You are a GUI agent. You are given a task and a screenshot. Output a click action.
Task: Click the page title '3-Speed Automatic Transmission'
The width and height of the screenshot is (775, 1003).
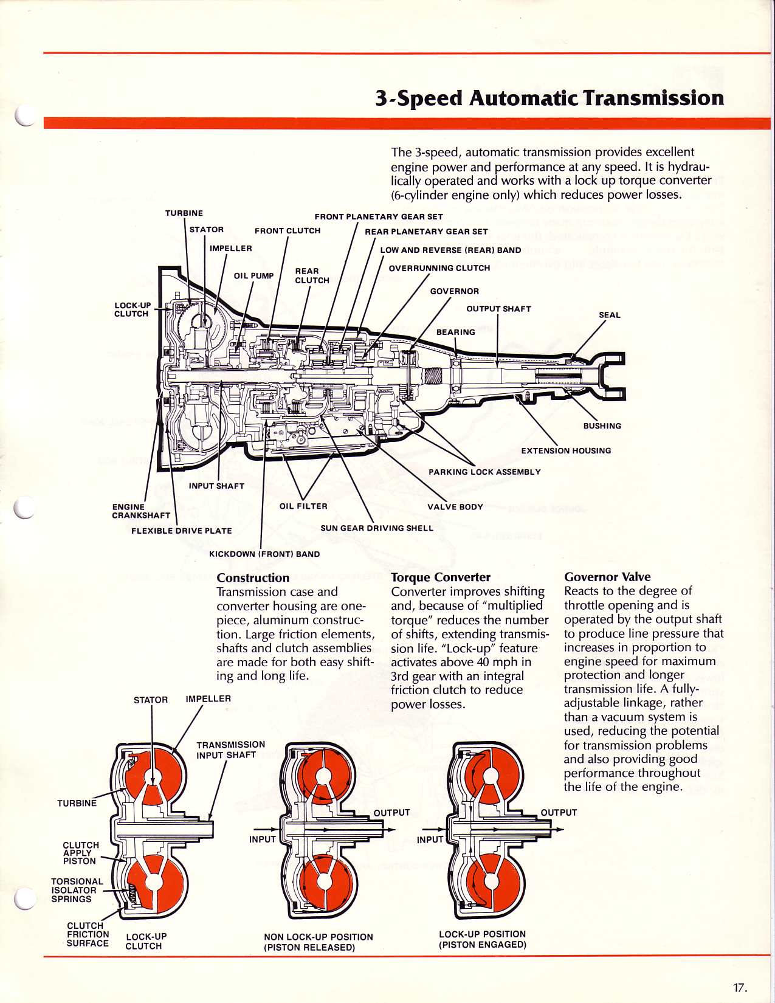pyautogui.click(x=549, y=98)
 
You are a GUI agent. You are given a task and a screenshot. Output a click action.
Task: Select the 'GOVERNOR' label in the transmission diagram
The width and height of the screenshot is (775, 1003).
pyautogui.click(x=454, y=292)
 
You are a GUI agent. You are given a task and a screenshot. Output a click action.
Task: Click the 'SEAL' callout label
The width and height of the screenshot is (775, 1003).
pyautogui.click(x=609, y=315)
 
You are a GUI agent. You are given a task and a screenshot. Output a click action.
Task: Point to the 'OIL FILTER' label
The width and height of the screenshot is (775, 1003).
pyautogui.click(x=303, y=506)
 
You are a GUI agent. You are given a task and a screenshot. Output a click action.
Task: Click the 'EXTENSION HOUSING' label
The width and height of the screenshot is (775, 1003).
pyautogui.click(x=566, y=451)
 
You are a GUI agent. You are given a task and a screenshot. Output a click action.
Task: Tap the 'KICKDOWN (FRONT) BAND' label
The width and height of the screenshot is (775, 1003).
pyautogui.click(x=264, y=554)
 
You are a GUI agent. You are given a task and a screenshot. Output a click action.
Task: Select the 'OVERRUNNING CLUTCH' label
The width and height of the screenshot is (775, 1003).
pyautogui.click(x=439, y=268)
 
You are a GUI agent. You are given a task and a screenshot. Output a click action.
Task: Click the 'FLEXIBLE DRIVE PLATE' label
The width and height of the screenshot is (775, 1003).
pyautogui.click(x=182, y=531)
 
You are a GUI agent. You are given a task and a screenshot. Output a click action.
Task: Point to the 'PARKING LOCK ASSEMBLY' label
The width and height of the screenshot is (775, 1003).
pyautogui.click(x=484, y=472)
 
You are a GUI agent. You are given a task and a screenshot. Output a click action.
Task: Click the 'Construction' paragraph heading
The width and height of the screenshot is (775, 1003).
pyautogui.click(x=253, y=577)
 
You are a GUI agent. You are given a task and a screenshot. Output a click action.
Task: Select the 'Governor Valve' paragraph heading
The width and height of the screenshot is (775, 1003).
pyautogui.click(x=607, y=577)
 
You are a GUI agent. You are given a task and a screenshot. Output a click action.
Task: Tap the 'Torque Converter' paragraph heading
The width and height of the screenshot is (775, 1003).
pyautogui.click(x=441, y=577)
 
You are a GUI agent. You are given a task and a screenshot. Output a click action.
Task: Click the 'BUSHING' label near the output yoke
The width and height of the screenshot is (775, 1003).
pyautogui.click(x=602, y=426)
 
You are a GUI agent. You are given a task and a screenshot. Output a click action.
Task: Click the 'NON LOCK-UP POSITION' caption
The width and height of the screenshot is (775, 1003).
pyautogui.click(x=319, y=937)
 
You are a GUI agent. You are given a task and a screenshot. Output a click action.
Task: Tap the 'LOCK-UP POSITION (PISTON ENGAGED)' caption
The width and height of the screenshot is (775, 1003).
pyautogui.click(x=483, y=939)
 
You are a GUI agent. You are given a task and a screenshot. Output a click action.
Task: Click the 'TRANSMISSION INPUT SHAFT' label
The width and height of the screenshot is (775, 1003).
pyautogui.click(x=230, y=750)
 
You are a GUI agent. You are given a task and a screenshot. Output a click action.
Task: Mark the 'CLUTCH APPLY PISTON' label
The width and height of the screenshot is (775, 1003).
pyautogui.click(x=80, y=853)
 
